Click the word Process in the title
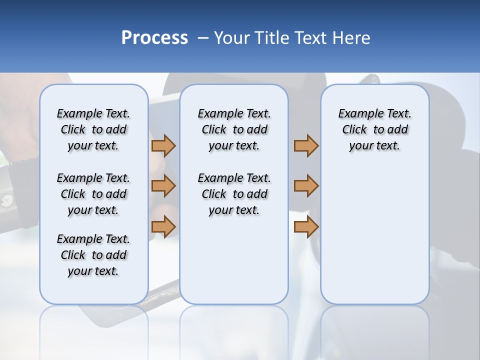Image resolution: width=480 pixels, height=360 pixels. point(154,38)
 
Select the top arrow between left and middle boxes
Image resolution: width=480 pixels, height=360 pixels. point(163,145)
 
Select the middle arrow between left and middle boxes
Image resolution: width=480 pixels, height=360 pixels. point(163,186)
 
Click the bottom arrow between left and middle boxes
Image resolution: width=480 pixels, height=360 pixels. point(163,226)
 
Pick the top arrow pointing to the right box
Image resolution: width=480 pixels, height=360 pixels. point(306,145)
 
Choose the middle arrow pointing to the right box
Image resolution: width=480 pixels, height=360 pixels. point(306,186)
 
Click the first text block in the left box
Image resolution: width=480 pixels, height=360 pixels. point(93,129)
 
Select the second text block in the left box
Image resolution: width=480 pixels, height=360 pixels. point(93,194)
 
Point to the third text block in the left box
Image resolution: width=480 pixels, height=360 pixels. point(93,255)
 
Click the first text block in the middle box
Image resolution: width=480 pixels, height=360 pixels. point(234,129)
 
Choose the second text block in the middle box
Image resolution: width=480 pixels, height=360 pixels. point(234,194)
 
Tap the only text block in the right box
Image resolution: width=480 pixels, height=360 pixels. point(374,129)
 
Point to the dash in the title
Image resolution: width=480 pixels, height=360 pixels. point(202,38)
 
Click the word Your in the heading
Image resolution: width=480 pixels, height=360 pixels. point(231,38)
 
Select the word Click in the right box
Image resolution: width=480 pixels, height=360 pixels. point(354,130)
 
